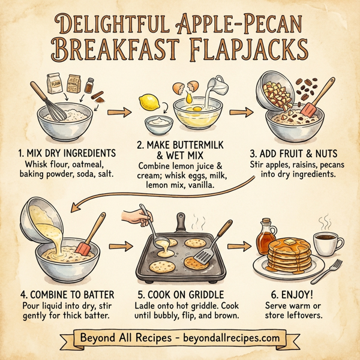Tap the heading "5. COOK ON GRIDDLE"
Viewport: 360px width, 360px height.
point(180,295)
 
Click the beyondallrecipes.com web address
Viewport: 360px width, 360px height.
point(230,337)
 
